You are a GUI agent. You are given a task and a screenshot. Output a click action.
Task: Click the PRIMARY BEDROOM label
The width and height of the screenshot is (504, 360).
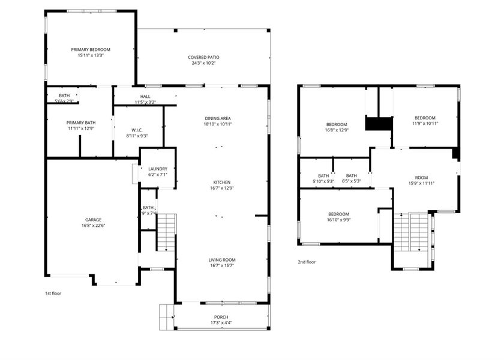click(x=91, y=50)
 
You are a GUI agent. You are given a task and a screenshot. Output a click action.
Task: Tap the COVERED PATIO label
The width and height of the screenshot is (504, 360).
click(x=203, y=57)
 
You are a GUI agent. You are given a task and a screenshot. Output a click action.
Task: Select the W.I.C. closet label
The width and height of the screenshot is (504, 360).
click(x=137, y=130)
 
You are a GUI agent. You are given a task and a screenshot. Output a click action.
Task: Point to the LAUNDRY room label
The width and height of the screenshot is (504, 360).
click(x=157, y=169)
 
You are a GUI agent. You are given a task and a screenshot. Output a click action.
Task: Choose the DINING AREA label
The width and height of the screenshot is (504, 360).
click(x=218, y=118)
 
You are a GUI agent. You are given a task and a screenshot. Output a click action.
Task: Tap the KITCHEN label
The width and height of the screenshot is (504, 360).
click(x=221, y=182)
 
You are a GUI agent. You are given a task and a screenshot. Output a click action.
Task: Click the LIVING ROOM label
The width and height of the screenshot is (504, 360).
click(x=221, y=260)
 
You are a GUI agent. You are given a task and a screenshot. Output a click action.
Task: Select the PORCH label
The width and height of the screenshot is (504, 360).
click(x=221, y=317)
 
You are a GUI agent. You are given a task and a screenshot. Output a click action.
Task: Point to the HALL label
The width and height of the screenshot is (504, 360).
click(x=145, y=96)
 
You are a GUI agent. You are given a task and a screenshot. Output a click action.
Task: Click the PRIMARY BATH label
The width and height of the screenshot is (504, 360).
click(x=80, y=122)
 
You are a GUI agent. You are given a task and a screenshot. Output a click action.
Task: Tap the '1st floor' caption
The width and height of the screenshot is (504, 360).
click(x=53, y=293)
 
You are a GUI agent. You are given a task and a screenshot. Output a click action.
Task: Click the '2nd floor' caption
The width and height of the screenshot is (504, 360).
click(x=307, y=262)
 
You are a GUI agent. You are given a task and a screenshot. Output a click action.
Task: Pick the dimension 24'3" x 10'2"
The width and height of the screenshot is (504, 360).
click(x=203, y=63)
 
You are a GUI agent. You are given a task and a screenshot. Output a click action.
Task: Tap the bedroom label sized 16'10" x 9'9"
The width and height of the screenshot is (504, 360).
click(x=338, y=214)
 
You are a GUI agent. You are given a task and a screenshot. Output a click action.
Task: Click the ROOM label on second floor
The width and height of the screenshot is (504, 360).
click(x=421, y=178)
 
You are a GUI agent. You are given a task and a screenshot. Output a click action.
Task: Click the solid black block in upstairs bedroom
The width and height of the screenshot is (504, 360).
click(x=379, y=123)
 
